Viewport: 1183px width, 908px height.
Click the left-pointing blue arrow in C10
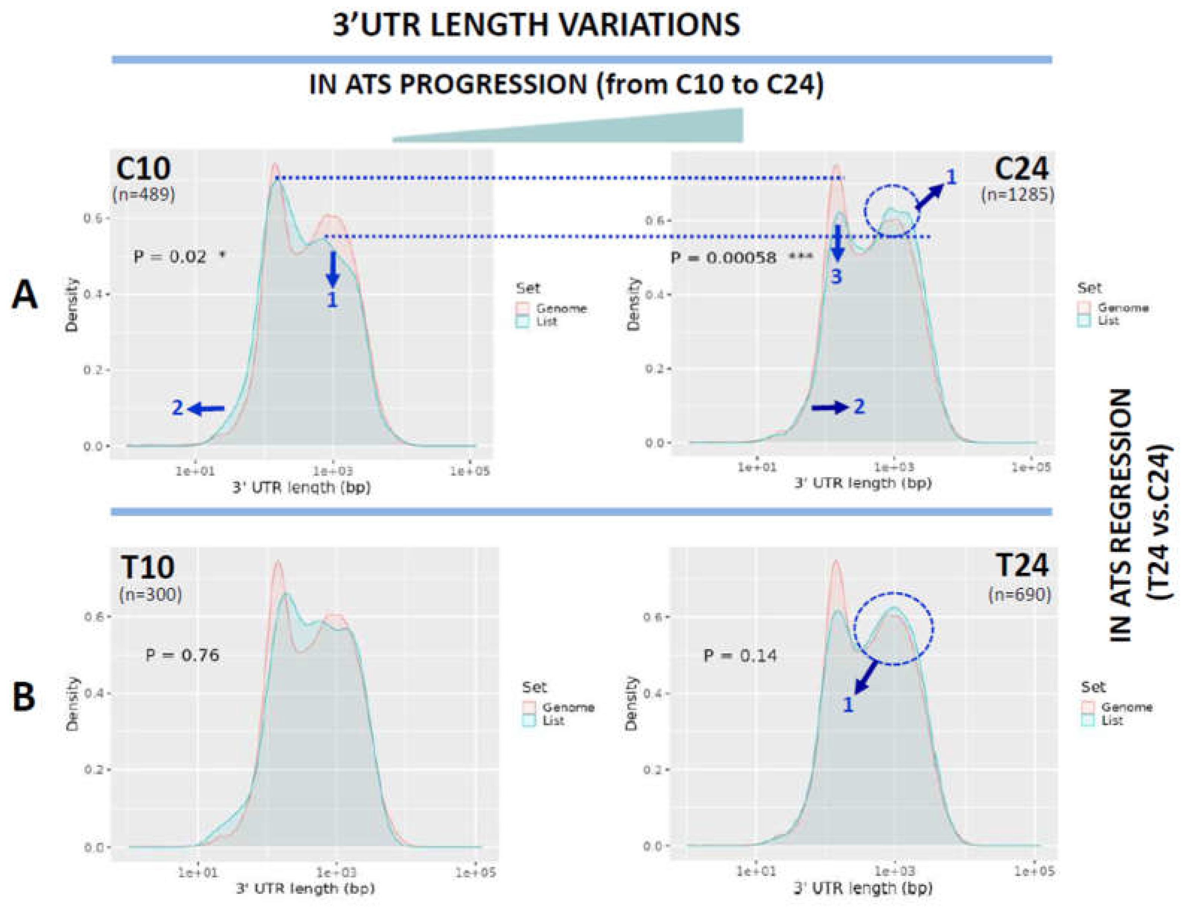(x=207, y=409)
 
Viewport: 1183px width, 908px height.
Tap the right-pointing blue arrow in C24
(x=830, y=407)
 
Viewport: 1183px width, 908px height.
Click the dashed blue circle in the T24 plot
(x=893, y=628)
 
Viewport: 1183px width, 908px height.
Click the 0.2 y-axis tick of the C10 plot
(x=95, y=370)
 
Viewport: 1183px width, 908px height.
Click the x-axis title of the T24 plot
(x=863, y=888)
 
